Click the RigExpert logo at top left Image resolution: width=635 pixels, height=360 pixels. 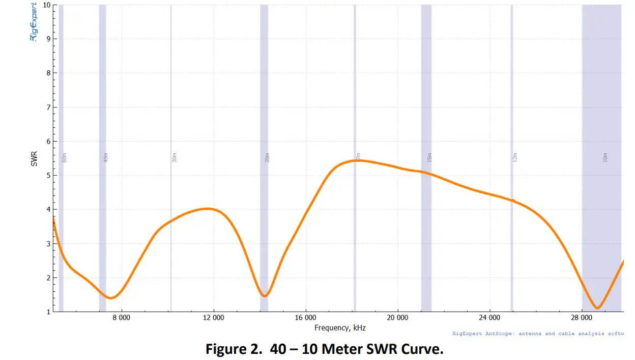click(34, 23)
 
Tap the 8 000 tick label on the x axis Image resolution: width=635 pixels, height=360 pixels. click(122, 319)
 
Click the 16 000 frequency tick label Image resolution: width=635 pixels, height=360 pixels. click(305, 319)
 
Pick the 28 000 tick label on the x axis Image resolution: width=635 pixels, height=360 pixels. click(582, 319)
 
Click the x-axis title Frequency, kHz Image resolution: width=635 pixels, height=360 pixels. click(340, 328)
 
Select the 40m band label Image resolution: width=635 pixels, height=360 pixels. click(106, 158)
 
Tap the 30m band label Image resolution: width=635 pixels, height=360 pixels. click(174, 157)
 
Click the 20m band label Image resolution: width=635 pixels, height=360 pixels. click(267, 158)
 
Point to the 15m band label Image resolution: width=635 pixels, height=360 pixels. click(429, 157)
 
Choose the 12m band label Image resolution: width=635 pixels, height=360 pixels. click(514, 157)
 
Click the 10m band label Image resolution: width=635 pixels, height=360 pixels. click(605, 157)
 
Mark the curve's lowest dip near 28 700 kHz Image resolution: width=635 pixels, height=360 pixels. click(598, 308)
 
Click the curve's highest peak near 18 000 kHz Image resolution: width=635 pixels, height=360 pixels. click(356, 160)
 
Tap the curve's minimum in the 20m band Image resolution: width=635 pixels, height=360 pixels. click(264, 296)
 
